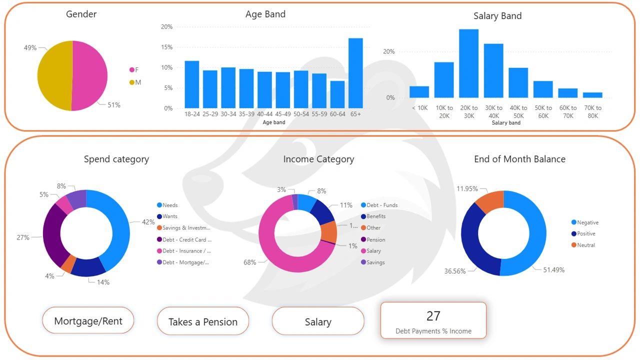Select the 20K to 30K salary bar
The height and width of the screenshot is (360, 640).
468,63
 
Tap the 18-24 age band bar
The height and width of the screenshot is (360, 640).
192,84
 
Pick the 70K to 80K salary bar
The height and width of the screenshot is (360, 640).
592,95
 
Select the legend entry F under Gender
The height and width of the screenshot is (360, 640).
136,70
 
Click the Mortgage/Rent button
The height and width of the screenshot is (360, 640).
88,321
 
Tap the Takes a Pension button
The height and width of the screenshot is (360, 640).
203,321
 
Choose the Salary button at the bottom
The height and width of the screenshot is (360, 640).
318,322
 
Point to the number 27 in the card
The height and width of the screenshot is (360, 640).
433,316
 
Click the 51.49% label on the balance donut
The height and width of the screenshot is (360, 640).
553,270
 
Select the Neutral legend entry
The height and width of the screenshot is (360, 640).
586,245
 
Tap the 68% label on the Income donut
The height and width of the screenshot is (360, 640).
249,262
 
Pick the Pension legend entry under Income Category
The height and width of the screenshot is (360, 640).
375,239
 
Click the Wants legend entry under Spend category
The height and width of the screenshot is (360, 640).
170,216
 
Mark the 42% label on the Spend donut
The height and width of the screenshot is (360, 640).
148,222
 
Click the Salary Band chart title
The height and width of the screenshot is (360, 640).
497,16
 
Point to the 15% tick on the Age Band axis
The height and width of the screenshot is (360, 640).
166,47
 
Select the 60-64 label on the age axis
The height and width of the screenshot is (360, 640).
337,114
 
